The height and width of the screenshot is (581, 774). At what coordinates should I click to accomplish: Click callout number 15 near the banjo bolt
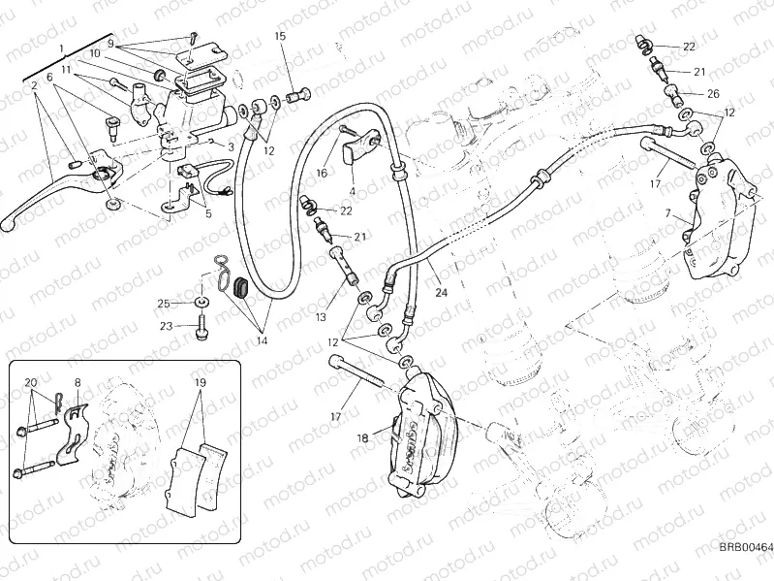pos(280,36)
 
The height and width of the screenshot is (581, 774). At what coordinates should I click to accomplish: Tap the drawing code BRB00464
pos(745,548)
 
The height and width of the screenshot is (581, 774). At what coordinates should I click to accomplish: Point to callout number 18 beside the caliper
pos(352,192)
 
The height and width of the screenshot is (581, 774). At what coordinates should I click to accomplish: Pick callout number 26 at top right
pos(713,94)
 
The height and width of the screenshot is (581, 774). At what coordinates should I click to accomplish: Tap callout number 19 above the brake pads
pos(199,383)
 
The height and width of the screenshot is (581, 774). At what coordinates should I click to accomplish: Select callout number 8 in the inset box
pos(77,383)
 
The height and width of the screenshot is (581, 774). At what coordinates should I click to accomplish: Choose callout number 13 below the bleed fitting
pos(321,317)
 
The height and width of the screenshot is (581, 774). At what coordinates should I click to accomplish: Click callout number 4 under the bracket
pos(352,192)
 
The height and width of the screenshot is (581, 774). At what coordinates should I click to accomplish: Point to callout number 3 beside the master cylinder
pos(231,145)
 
